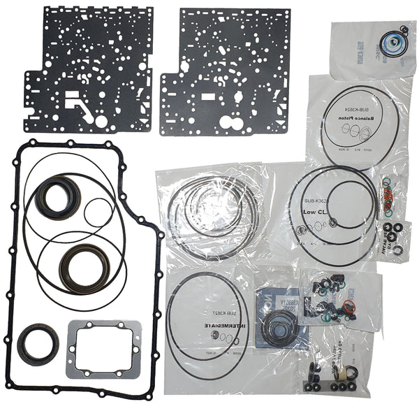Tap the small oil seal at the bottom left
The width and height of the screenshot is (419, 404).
point(33,344)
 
